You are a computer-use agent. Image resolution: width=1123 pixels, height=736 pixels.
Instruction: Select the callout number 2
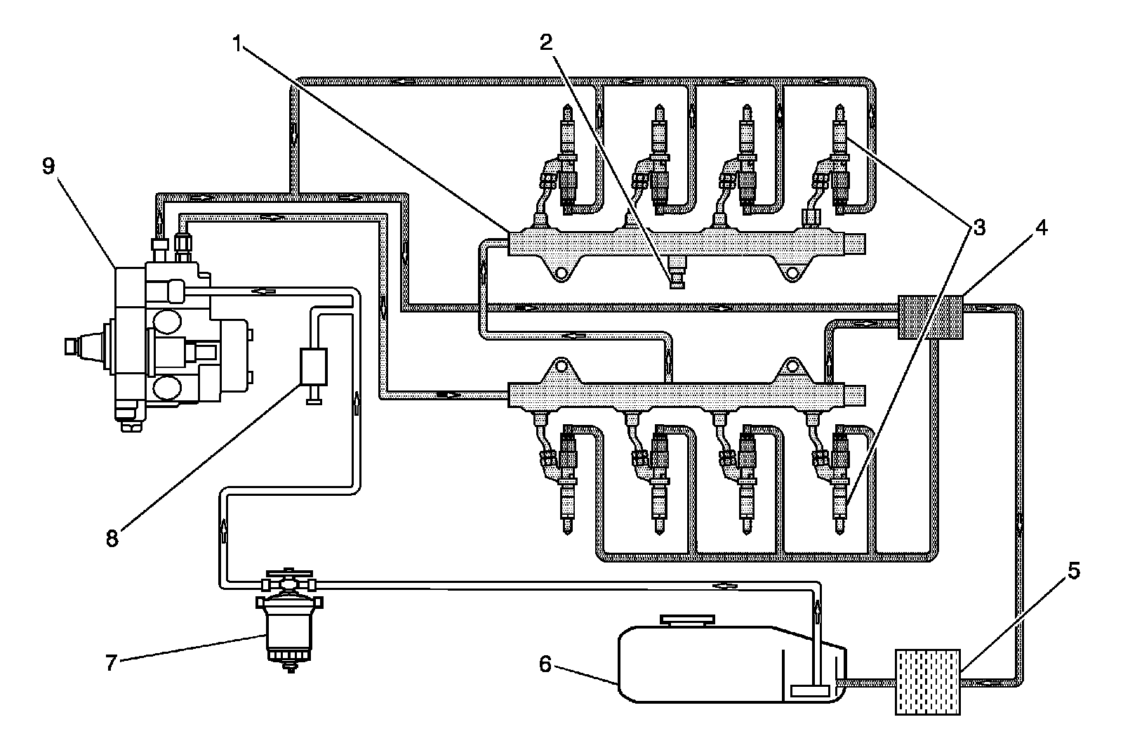tap(547, 43)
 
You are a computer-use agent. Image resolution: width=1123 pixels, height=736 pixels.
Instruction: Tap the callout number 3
tap(978, 228)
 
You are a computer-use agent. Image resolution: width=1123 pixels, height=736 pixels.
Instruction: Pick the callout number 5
tap(1072, 571)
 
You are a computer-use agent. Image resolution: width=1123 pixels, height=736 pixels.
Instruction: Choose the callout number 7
tap(110, 663)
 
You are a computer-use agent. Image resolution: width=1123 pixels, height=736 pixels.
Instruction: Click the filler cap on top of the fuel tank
tap(687, 621)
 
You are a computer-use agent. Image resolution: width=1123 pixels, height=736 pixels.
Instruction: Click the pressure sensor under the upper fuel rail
tap(678, 272)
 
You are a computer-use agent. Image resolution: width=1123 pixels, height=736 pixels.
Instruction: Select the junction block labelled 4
tap(931, 317)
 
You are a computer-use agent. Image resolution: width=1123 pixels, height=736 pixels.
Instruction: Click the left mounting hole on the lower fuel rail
tap(561, 366)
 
